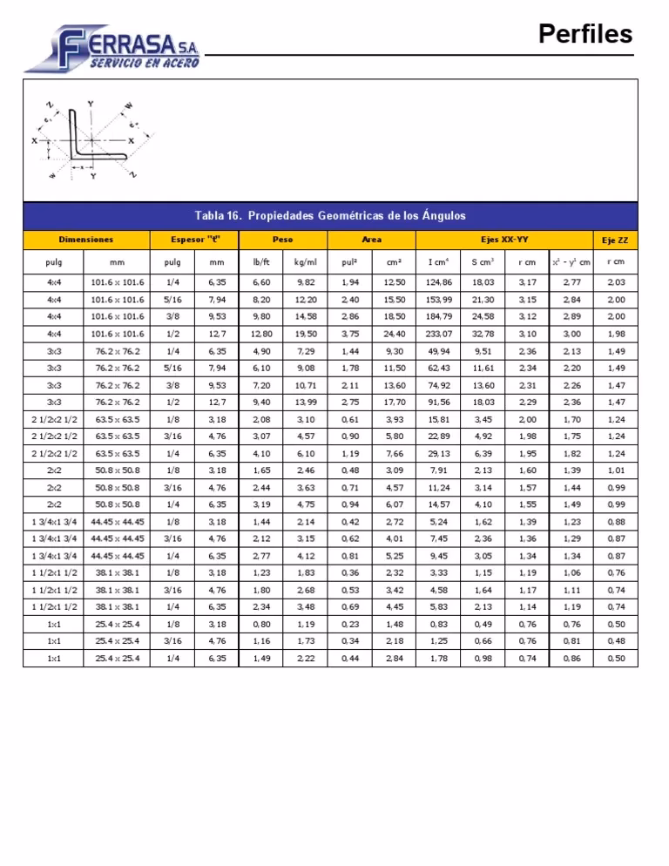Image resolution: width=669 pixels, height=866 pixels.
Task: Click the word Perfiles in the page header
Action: [x=585, y=34]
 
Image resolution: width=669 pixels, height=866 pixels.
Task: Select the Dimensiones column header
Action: [x=85, y=239]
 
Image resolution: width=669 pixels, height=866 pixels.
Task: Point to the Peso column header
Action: [x=282, y=239]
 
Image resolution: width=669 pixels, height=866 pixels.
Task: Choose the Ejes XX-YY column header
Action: [x=504, y=239]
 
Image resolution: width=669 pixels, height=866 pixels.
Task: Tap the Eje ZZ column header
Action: [x=616, y=239]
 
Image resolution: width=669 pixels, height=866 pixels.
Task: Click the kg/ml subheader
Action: [x=305, y=260]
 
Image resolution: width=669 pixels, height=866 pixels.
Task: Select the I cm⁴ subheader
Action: [x=439, y=260]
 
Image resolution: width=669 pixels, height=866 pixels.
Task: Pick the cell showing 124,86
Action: [x=439, y=282]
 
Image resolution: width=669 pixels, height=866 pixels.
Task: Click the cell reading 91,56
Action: [x=439, y=402]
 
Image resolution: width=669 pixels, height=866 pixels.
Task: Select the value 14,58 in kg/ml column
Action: [x=305, y=316]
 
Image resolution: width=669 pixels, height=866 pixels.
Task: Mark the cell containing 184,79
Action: [x=439, y=316]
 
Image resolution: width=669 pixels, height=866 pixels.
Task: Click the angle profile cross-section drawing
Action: [x=91, y=140]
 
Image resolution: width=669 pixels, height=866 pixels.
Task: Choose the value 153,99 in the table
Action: [x=439, y=299]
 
